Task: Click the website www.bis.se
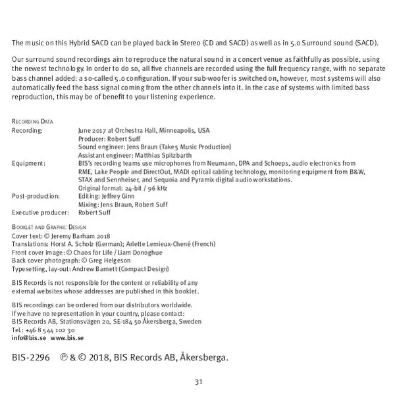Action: tap(67, 337)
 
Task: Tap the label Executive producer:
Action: tap(40, 213)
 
